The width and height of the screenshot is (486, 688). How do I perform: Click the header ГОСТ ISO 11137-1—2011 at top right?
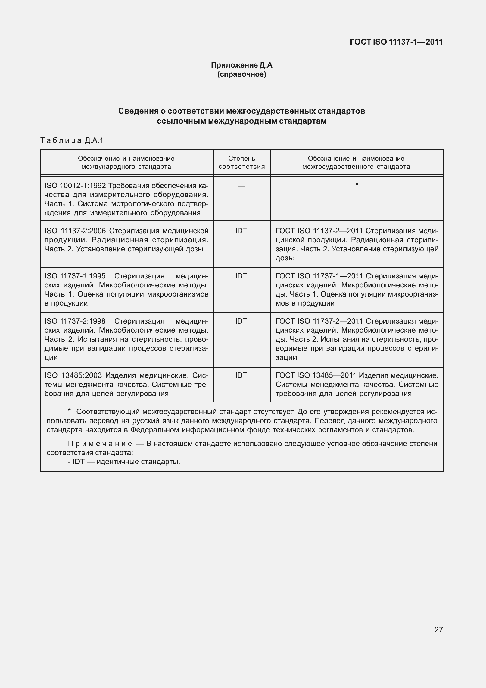click(396, 42)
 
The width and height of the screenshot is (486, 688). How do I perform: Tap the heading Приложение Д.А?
click(241, 65)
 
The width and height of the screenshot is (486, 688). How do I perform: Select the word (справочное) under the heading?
click(241, 74)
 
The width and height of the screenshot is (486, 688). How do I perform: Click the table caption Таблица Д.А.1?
click(72, 140)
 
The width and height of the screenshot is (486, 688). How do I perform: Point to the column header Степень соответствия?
click(241, 162)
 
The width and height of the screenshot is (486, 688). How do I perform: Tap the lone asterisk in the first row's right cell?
click(357, 184)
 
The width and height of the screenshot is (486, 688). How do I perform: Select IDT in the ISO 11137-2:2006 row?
click(241, 231)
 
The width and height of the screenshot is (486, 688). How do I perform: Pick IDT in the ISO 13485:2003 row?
click(241, 375)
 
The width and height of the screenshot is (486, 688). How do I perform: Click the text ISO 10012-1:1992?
click(75, 186)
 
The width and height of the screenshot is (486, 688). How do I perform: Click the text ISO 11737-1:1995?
click(75, 276)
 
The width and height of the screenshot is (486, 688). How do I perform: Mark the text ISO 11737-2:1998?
click(75, 321)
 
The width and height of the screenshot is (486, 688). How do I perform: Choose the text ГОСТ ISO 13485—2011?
click(316, 375)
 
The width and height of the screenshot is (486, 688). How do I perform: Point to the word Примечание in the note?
click(100, 444)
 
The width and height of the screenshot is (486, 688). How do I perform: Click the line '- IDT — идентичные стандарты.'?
click(124, 462)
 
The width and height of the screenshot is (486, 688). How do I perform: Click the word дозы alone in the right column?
click(285, 258)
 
